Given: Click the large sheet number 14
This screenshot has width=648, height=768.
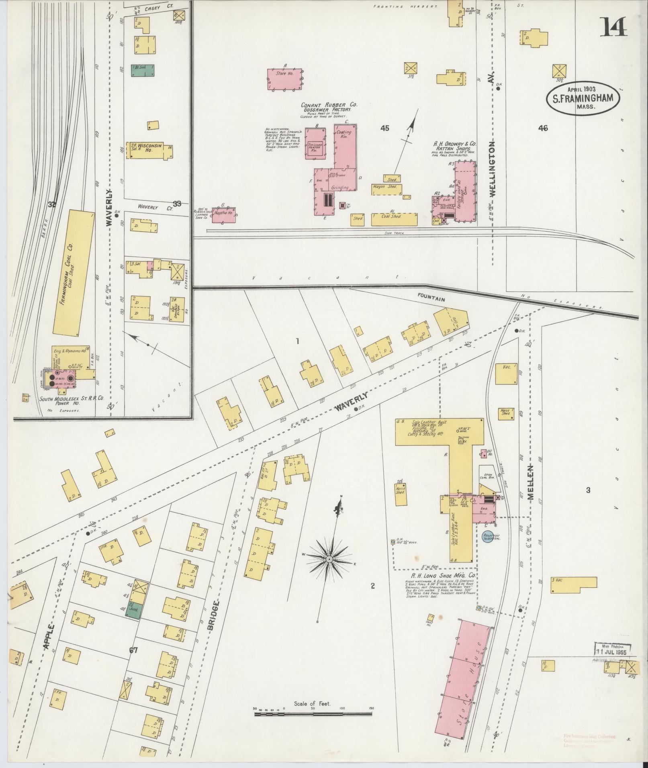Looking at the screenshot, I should (x=613, y=27).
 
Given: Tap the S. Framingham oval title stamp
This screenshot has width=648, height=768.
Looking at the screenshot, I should (x=577, y=98).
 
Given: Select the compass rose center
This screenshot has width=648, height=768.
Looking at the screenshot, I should (x=329, y=559).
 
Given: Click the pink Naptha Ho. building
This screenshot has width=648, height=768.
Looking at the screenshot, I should (x=224, y=214).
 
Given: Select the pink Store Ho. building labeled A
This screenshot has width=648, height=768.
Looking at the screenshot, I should (x=284, y=79).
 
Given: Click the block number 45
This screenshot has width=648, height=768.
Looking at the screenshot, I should (x=385, y=128).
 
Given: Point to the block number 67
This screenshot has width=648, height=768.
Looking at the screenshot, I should (x=133, y=650).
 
